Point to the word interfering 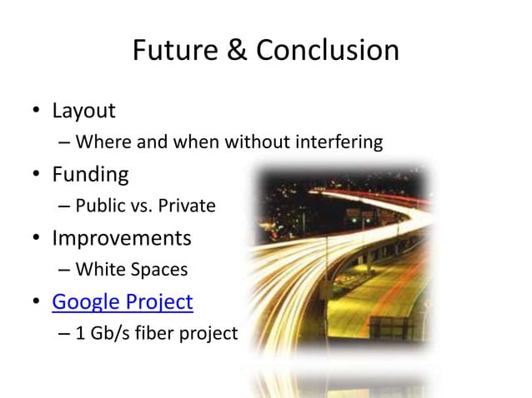point(344,142)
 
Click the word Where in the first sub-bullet point(98,142)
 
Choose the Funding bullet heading point(90,175)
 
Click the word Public point(99,206)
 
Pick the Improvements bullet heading point(122,239)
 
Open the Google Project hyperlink point(123,302)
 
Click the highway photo point(350,266)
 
